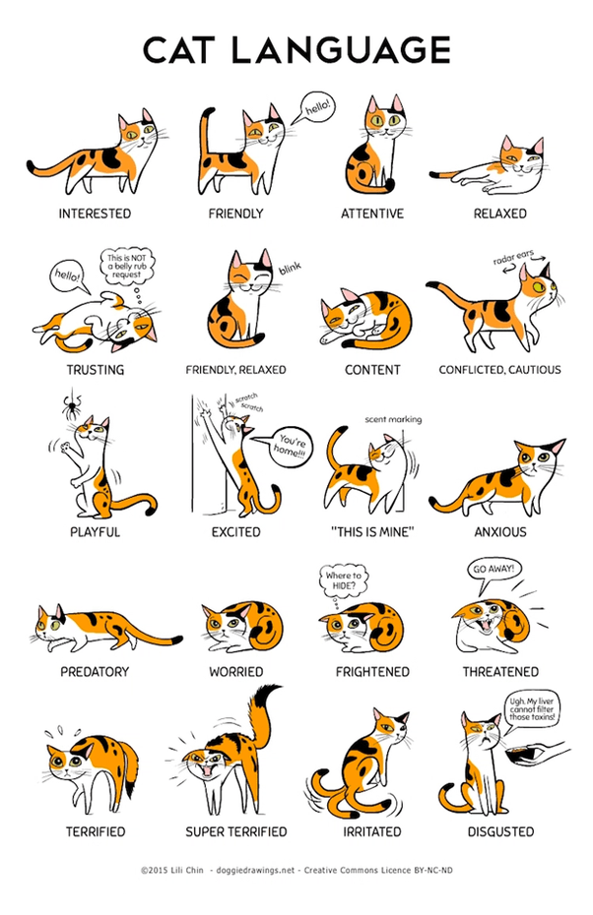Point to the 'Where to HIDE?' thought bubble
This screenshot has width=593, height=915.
(345, 579)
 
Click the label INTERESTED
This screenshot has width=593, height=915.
(94, 213)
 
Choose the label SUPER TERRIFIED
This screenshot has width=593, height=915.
(236, 831)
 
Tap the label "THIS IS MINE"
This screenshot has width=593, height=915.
(372, 532)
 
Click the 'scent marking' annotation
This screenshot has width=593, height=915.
(392, 419)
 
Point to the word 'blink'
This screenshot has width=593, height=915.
(289, 268)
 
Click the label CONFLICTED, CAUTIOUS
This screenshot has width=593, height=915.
(499, 370)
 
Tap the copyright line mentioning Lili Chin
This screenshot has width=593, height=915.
(296, 870)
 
